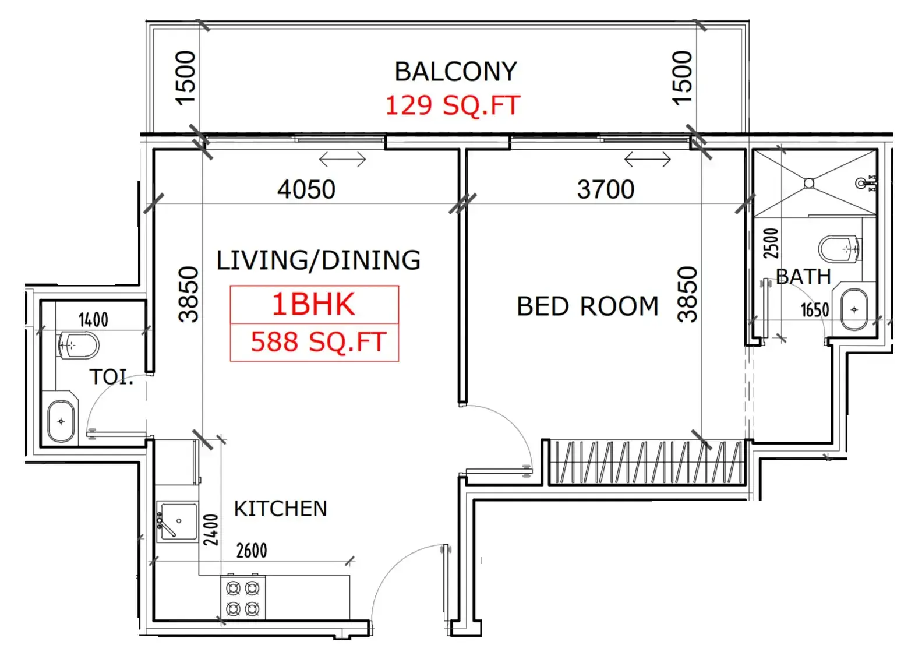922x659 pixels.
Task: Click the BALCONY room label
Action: [x=455, y=72]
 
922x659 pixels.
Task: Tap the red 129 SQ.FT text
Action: [x=453, y=105]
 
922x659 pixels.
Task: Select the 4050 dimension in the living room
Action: [x=306, y=189]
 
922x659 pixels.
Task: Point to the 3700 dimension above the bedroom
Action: [x=606, y=189]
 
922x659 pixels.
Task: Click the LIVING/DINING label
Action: [x=319, y=260]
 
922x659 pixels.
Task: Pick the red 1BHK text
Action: [x=313, y=304]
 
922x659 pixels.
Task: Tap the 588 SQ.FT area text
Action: [x=319, y=342]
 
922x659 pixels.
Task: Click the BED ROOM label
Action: [x=588, y=306]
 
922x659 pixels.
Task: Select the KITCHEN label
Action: [x=280, y=508]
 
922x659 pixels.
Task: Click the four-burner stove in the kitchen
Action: [x=243, y=598]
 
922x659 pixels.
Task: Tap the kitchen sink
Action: [x=178, y=522]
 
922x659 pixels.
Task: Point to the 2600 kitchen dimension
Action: [x=252, y=551]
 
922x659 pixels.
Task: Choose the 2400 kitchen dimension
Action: [x=211, y=530]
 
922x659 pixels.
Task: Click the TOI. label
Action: [x=111, y=377]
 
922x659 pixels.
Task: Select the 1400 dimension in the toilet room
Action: [x=93, y=320]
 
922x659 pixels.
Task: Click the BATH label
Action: [x=803, y=276]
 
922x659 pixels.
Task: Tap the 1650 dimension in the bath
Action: [x=815, y=310]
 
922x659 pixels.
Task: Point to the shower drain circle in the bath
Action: [x=809, y=183]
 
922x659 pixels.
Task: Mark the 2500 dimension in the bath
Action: [x=771, y=244]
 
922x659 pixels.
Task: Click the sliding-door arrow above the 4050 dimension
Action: [x=342, y=160]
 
